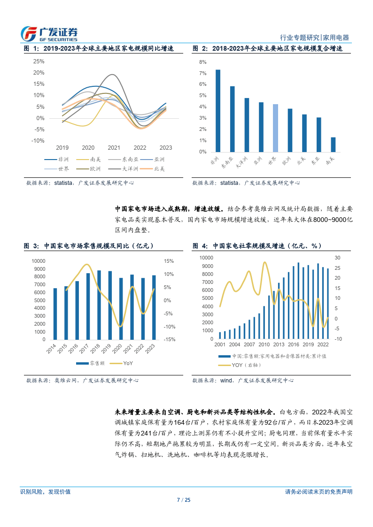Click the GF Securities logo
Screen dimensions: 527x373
49,33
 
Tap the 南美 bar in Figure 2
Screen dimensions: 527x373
333,145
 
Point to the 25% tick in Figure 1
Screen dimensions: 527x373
39,61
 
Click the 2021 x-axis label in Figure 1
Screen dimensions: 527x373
114,147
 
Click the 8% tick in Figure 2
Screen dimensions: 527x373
203,62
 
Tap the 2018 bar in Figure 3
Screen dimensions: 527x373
99,305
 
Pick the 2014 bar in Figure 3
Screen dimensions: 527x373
55,314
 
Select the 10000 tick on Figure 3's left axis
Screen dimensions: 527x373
39,261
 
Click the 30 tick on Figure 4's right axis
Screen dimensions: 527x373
337,258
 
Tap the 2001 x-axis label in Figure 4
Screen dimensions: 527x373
220,344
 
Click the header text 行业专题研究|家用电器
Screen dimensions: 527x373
314,38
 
